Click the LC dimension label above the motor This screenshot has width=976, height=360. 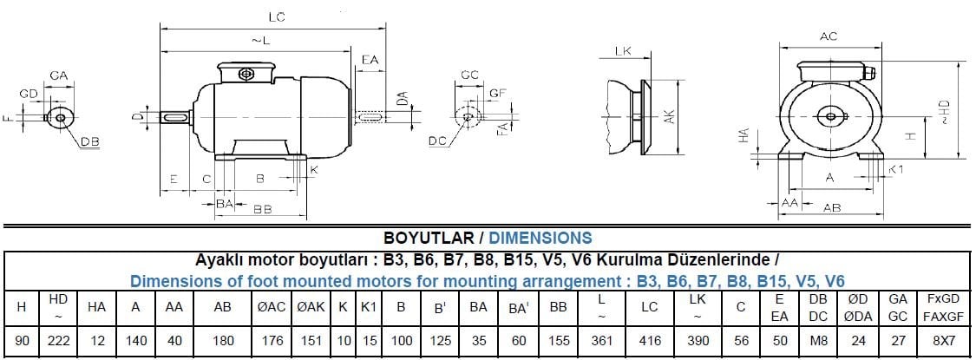click(278, 17)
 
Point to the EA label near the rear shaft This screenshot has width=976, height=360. click(370, 60)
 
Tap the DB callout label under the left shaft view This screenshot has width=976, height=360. click(89, 141)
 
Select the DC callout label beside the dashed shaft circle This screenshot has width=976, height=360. click(437, 141)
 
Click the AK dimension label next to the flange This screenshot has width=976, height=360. click(669, 116)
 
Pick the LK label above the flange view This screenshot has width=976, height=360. click(623, 51)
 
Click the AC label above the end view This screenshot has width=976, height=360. click(828, 36)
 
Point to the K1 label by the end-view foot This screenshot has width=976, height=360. click(895, 169)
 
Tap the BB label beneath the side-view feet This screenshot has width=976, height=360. click(262, 210)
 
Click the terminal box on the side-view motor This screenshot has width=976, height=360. click(246, 72)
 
